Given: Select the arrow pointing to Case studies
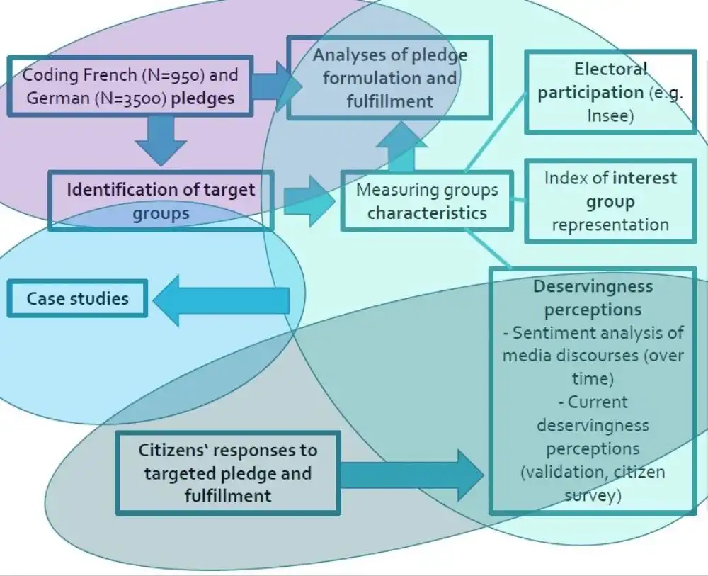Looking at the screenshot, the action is [221, 300].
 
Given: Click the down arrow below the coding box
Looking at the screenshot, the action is [161, 141].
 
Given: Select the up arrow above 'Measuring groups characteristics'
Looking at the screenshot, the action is [401, 146].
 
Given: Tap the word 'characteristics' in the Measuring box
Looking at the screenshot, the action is [427, 213].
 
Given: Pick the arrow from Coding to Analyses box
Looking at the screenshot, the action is [276, 86].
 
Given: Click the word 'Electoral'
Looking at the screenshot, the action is [610, 69].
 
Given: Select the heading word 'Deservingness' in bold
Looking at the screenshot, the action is [593, 286].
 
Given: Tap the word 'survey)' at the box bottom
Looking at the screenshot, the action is [593, 495].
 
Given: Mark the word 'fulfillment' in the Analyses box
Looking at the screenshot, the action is [389, 101].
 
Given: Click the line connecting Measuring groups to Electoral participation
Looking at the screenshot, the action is [496, 131].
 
